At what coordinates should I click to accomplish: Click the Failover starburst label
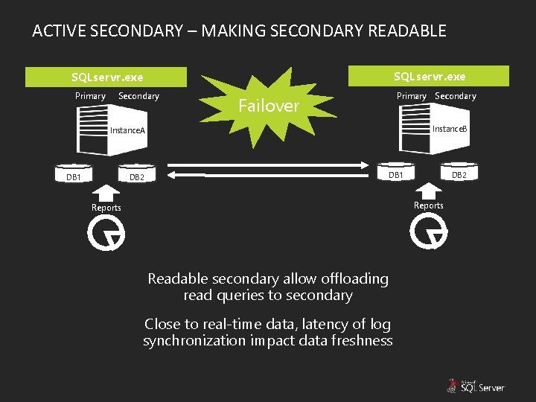point(268,106)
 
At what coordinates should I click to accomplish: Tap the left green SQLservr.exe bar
point(106,77)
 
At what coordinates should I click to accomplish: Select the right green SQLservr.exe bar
point(430,76)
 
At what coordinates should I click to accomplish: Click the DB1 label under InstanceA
point(74,177)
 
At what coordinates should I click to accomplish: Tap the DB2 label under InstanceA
point(137,177)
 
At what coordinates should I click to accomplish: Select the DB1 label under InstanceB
point(396,175)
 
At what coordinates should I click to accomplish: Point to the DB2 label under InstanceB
point(459,175)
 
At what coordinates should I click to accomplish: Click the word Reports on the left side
point(106,208)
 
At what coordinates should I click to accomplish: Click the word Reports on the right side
point(428,205)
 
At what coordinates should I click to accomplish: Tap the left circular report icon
point(106,234)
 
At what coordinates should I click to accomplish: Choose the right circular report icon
point(429,233)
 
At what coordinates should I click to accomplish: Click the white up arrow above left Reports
point(106,193)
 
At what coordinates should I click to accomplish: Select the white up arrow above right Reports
point(428,191)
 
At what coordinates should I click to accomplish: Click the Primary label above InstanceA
point(90,96)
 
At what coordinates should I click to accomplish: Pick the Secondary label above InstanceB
point(455,96)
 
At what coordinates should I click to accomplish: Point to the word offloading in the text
point(354,278)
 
